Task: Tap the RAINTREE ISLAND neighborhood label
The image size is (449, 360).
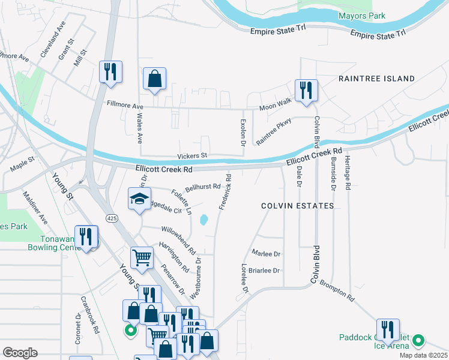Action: point(376,79)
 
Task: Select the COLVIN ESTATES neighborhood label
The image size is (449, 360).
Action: point(297,206)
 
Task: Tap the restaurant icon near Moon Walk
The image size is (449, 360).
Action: point(306,90)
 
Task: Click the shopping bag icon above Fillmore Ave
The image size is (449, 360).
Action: point(155,79)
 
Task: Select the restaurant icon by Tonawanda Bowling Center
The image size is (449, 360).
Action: point(86,236)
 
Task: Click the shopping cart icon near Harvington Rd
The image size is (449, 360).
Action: point(142,258)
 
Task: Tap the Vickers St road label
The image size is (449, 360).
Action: point(192,155)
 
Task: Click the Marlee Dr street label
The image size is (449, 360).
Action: point(267,254)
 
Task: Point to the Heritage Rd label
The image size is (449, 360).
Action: point(348,173)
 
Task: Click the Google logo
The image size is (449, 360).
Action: point(20,352)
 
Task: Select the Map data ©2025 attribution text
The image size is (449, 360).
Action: point(423,355)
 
